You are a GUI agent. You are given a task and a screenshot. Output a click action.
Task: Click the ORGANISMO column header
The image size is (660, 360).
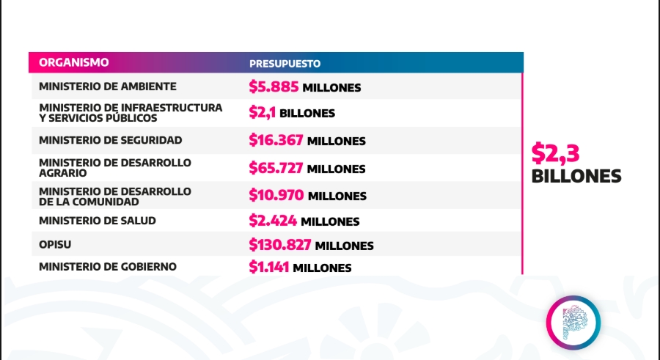(73, 62)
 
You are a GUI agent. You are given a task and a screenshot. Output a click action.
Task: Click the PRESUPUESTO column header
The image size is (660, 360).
(285, 64)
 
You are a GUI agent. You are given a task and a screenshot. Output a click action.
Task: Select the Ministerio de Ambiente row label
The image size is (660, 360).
(107, 87)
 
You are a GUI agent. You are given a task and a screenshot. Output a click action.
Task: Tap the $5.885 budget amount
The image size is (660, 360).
(274, 87)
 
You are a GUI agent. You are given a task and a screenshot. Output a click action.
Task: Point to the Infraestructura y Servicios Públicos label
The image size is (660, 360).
(131, 113)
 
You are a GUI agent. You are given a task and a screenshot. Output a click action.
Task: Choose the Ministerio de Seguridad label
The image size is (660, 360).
(110, 140)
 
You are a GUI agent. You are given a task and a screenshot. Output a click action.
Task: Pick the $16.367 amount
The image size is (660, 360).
(276, 140)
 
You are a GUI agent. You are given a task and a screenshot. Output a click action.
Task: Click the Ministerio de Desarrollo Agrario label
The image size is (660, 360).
(115, 168)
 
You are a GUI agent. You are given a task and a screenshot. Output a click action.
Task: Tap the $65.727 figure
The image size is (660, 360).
(276, 168)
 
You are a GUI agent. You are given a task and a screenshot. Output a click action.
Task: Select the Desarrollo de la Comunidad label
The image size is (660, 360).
(115, 196)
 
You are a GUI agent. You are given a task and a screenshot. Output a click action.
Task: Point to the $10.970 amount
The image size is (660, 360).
(276, 195)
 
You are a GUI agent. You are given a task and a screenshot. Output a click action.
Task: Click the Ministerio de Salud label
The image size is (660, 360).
(98, 221)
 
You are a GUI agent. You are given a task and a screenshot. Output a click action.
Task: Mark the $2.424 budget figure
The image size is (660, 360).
(273, 221)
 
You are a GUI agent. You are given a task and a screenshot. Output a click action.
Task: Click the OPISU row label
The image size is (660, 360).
(55, 245)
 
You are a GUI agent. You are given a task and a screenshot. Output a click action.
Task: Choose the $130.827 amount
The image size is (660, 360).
(280, 245)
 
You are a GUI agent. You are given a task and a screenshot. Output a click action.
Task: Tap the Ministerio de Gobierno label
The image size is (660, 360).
(107, 267)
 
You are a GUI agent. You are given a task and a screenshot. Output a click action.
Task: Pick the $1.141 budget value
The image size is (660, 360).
(268, 267)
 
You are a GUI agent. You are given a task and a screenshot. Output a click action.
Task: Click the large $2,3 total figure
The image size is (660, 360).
(555, 153)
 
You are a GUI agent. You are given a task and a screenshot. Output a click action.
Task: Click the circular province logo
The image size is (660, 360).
(573, 323)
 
